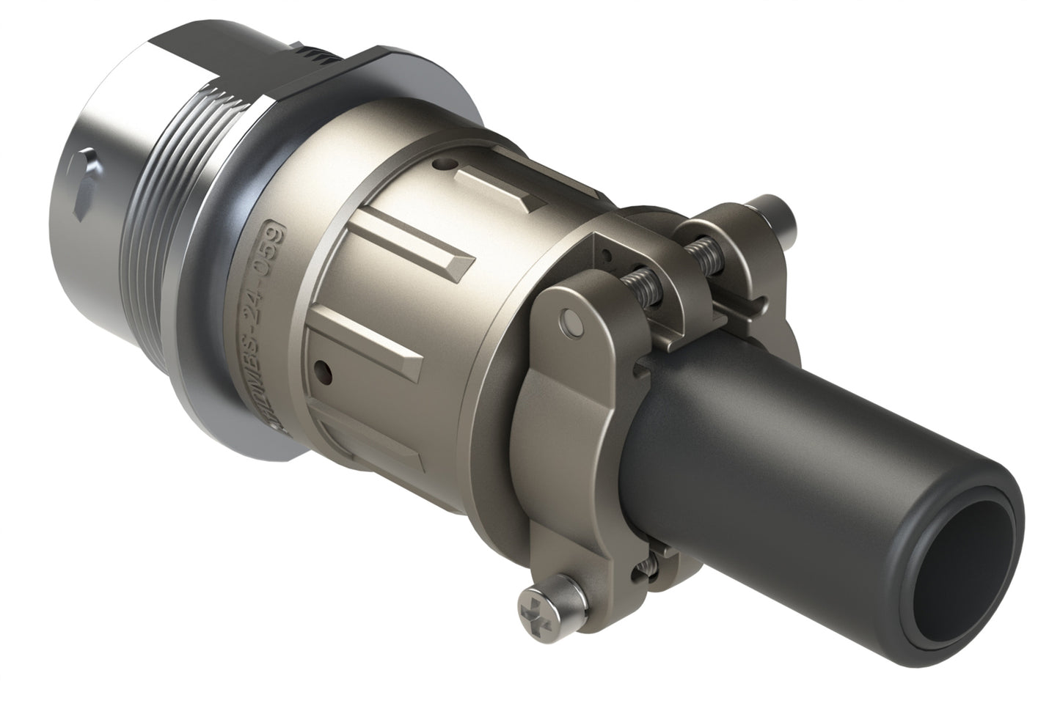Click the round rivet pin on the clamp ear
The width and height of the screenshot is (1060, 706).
point(569,321)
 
